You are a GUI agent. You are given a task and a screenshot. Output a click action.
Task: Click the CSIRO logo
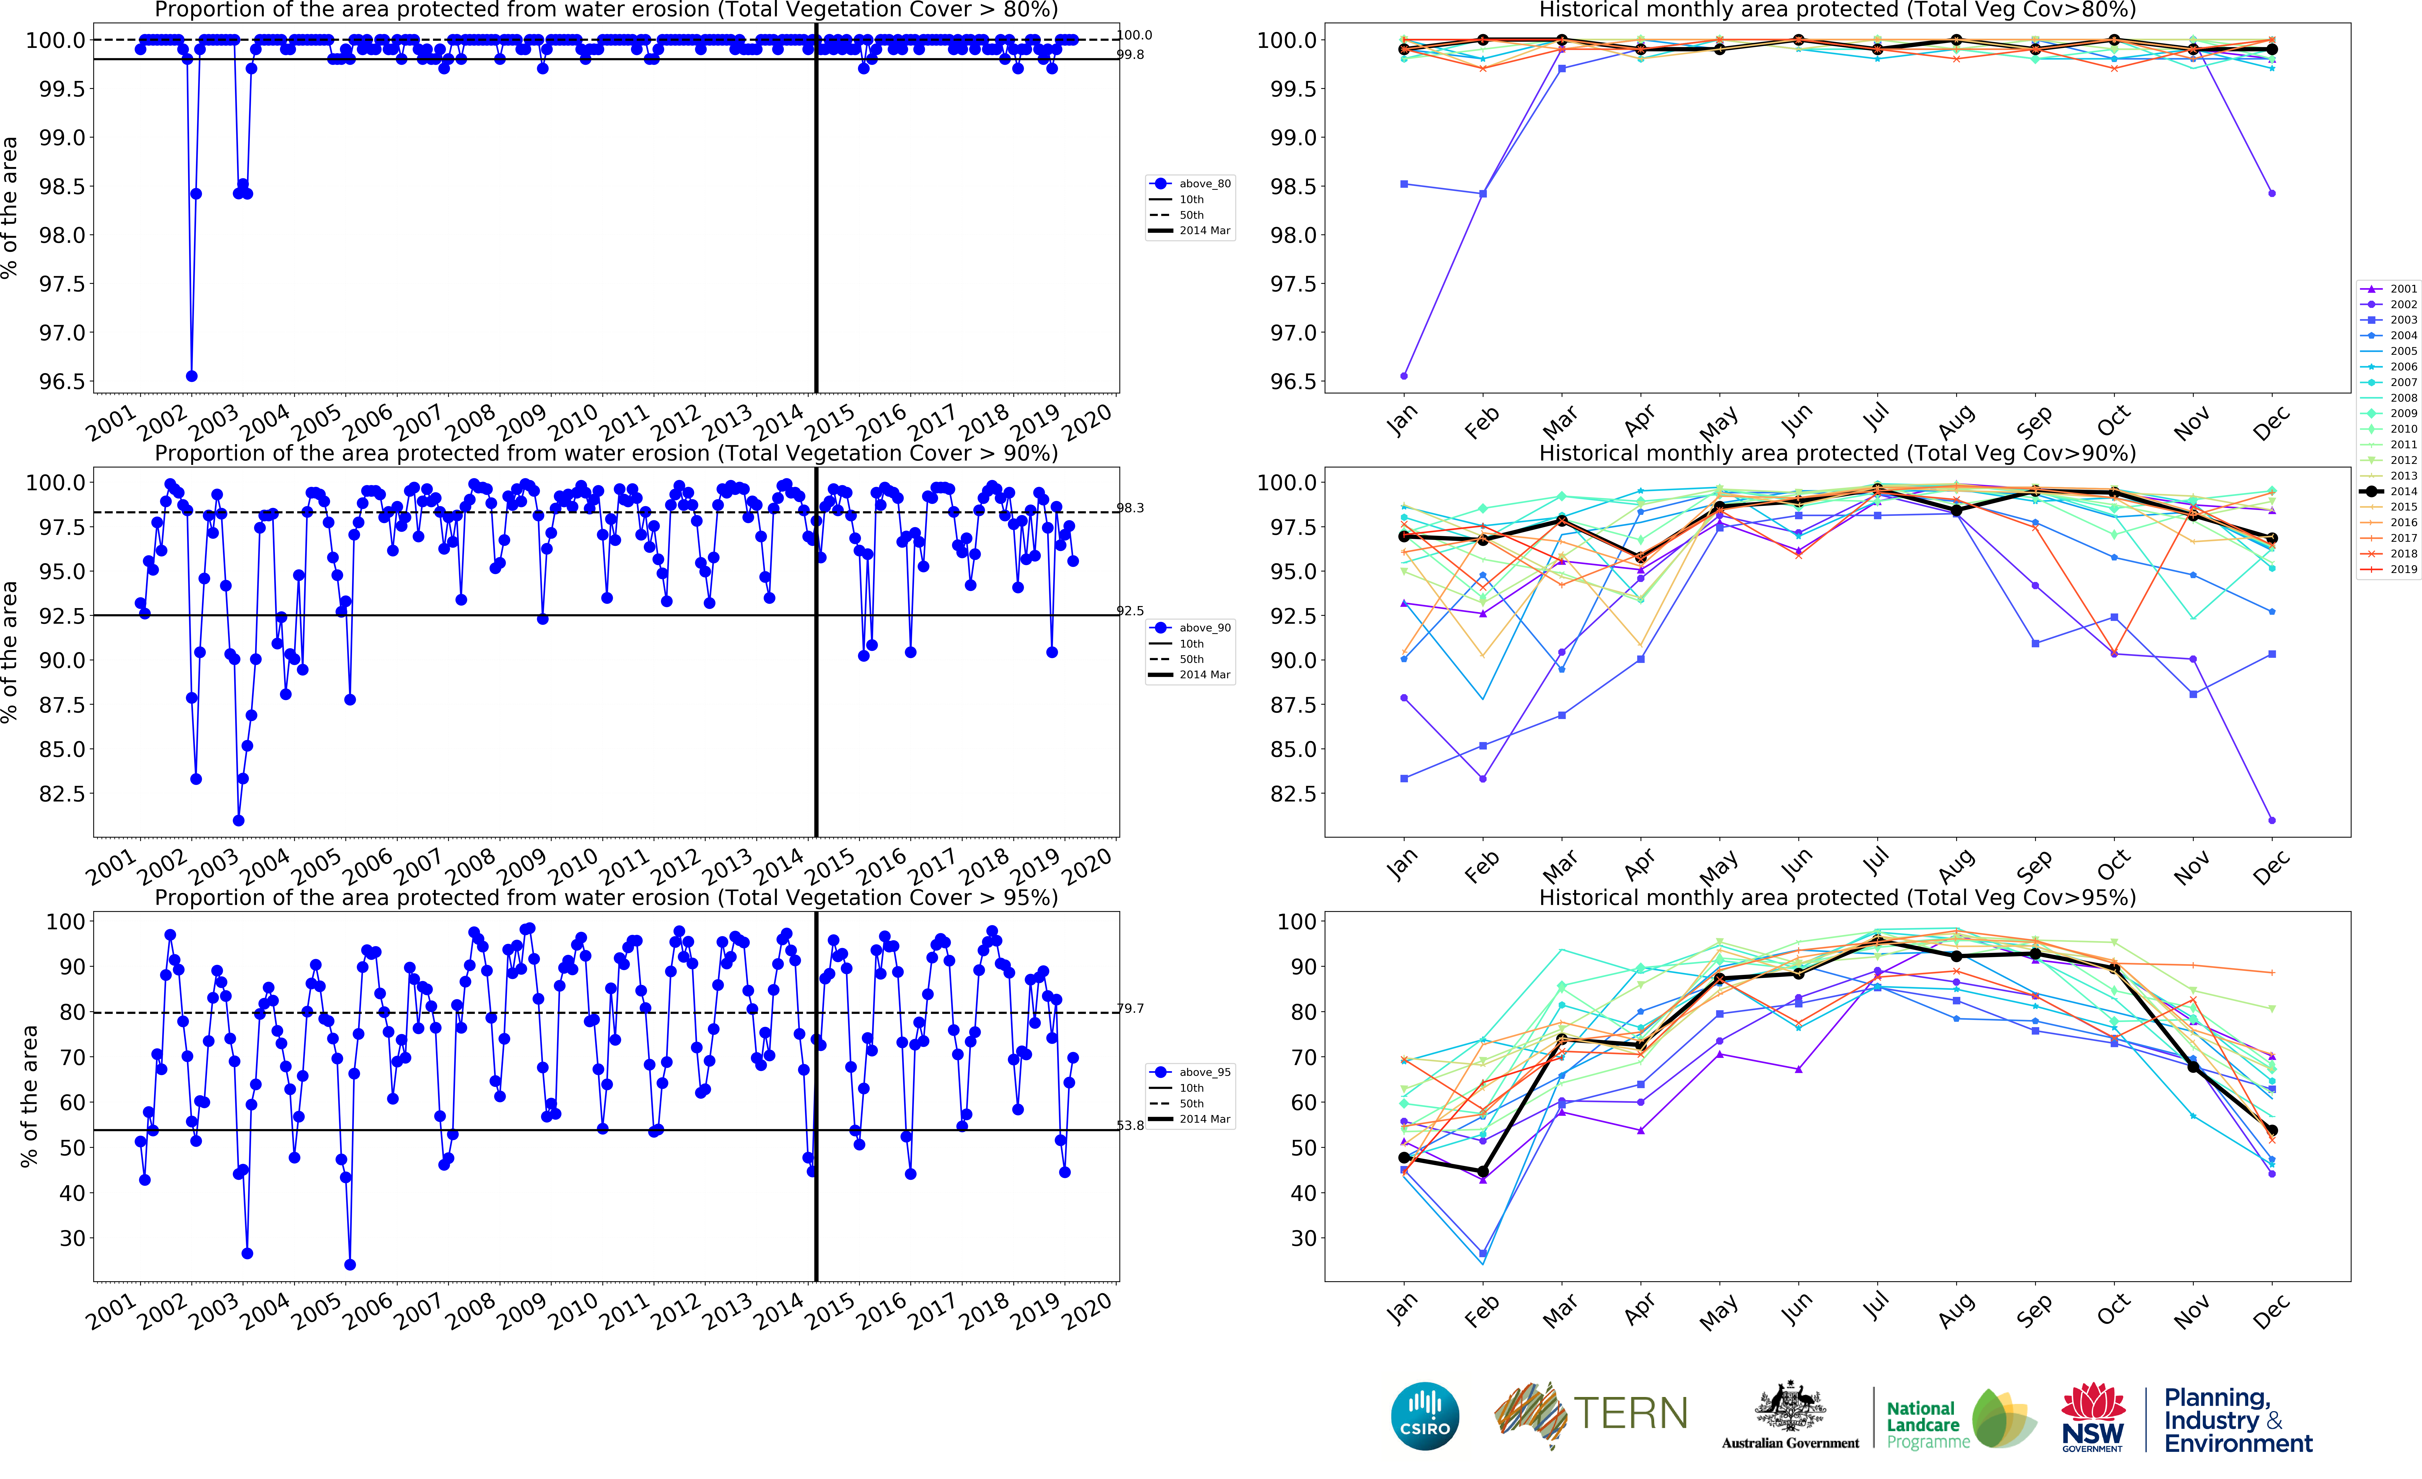pos(1425,1416)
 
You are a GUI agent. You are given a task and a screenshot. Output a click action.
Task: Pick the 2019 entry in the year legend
pos(2389,569)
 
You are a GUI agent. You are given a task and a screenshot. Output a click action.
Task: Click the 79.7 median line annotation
pos(1130,1008)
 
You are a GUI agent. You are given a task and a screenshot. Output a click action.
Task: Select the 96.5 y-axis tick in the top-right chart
pos(1293,381)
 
